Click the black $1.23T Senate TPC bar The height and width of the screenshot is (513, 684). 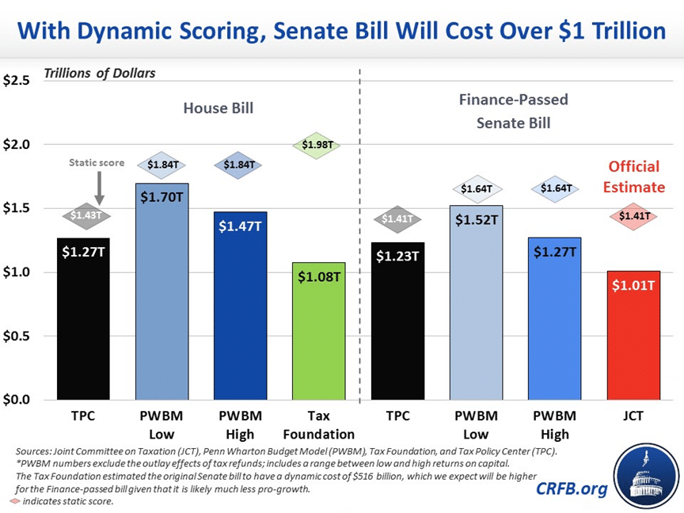click(397, 321)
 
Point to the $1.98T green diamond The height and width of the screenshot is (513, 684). click(319, 146)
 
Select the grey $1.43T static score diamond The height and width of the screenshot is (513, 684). click(84, 215)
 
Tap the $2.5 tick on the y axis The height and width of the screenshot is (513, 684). click(17, 81)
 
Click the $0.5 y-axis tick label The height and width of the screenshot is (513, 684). click(17, 336)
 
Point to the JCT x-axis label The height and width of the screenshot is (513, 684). click(633, 416)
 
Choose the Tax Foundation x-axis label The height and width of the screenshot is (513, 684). click(319, 424)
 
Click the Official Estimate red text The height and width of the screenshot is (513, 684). click(633, 177)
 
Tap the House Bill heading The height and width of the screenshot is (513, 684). click(218, 108)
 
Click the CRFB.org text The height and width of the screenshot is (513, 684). click(571, 488)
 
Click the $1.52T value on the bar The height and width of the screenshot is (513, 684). click(476, 219)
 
